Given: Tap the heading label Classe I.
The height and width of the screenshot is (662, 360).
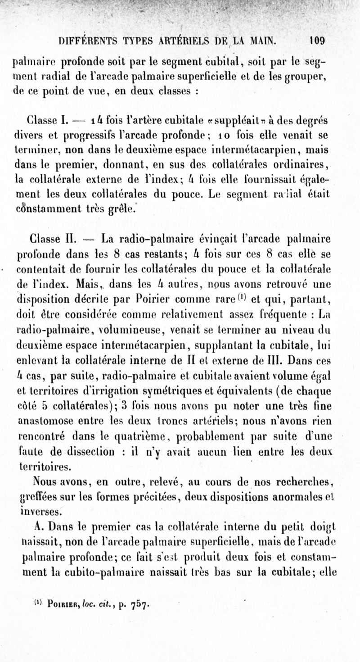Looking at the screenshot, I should (47, 120).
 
